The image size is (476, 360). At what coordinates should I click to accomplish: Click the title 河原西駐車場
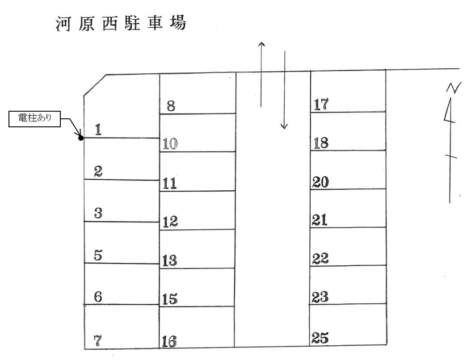tap(121, 23)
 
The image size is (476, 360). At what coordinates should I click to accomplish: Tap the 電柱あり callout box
tap(34, 119)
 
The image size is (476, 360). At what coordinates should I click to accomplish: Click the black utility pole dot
tap(81, 138)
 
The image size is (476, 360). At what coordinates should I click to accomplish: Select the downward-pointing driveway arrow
tap(284, 90)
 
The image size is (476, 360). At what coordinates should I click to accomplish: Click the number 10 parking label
tap(170, 144)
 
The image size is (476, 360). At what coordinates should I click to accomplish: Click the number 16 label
tap(169, 342)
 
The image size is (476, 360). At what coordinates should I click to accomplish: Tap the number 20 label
tap(321, 182)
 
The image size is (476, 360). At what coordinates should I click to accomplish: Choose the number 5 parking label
tap(98, 255)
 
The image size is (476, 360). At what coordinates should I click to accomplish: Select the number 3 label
tap(98, 213)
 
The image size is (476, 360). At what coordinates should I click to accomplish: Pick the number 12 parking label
tap(170, 222)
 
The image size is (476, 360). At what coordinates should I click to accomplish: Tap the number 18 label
tap(321, 143)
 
